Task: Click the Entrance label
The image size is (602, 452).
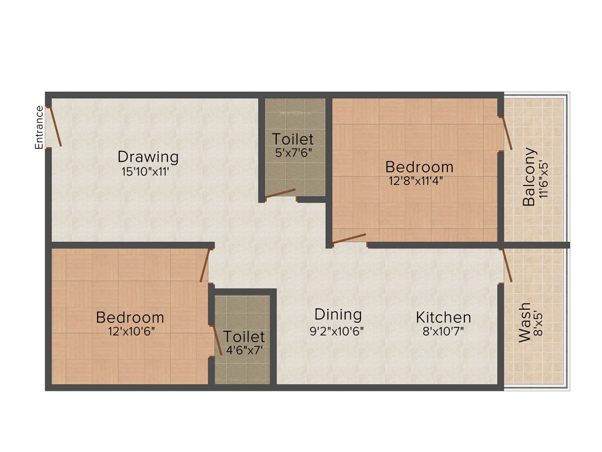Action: coord(39,127)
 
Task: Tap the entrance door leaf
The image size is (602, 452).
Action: coord(54,125)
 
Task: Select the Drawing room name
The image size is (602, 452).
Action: coord(148,157)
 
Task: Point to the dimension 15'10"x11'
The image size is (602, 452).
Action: coord(148,172)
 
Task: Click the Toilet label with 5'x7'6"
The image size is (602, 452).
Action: coord(293,139)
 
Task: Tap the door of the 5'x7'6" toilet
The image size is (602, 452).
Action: coord(279,194)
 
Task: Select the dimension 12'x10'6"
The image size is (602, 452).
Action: coord(130,331)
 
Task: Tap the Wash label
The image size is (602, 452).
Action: coord(524,323)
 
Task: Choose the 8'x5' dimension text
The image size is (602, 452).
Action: coord(538,323)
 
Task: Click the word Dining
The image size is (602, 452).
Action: coord(337,314)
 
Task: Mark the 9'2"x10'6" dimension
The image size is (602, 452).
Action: coord(337,330)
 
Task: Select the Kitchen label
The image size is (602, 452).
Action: coord(443,318)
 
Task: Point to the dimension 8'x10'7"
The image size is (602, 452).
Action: coord(443,331)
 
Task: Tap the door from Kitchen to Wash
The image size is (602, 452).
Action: coord(506,266)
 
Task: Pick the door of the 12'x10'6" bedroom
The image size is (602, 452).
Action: coord(205,265)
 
